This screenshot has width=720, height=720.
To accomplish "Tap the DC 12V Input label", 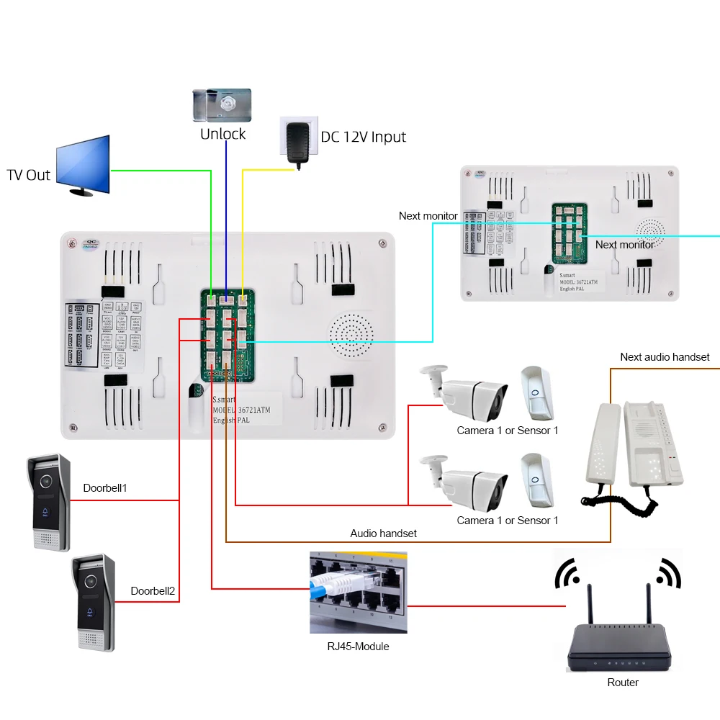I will [x=363, y=137].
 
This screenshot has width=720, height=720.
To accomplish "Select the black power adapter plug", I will [x=297, y=144].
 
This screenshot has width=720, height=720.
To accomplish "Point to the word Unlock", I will [x=222, y=135].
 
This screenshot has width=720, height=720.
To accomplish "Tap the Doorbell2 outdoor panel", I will [x=93, y=603].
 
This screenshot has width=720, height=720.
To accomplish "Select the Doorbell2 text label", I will [x=153, y=591].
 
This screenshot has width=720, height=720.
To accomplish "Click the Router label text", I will [x=623, y=682].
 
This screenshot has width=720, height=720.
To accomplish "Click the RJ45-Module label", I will [x=358, y=647].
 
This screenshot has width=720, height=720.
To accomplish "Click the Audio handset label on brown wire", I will [x=383, y=534].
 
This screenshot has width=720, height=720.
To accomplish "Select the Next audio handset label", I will [x=665, y=357].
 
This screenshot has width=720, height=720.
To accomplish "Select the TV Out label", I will [x=29, y=175].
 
